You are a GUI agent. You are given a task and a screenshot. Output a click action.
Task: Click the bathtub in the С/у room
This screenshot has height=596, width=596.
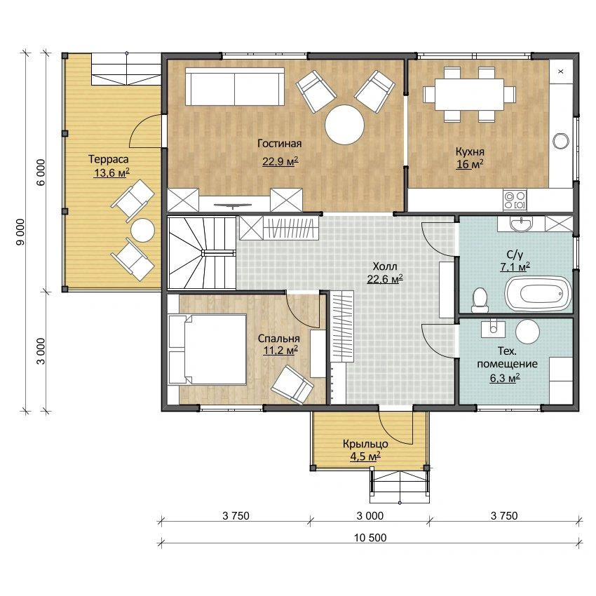click(538, 294)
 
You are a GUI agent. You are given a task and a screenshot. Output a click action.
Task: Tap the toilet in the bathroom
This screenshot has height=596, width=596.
click(480, 300)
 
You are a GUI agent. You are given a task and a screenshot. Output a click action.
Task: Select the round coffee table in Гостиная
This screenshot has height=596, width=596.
click(344, 124)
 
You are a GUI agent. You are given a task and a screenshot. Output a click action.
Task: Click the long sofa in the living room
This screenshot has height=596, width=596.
click(235, 87)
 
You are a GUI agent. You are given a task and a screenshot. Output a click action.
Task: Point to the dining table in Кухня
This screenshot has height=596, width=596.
click(469, 94)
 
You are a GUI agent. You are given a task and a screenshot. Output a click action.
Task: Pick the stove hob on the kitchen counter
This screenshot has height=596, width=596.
click(515, 200)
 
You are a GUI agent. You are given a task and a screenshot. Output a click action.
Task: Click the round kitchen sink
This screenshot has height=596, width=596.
click(561, 141)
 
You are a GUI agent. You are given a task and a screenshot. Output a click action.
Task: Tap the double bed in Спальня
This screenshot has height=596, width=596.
click(208, 349)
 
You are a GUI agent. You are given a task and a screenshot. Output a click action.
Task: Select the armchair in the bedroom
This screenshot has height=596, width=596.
click(292, 385)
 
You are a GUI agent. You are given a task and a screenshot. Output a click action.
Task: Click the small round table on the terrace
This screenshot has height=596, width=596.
click(142, 231)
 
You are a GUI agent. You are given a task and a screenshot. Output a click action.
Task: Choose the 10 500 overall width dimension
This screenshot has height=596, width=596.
click(370, 538)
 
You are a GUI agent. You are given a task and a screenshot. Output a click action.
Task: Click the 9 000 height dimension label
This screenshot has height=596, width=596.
click(20, 231)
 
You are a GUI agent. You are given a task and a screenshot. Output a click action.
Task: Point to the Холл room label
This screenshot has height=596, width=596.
click(385, 266)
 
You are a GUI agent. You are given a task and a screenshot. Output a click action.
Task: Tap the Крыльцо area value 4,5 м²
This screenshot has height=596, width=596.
click(365, 456)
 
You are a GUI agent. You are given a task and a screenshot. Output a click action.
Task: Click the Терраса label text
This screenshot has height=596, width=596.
click(108, 159)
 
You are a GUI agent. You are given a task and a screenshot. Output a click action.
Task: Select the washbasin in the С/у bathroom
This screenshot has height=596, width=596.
click(521, 224)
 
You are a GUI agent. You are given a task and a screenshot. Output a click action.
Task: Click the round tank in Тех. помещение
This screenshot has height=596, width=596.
click(527, 331)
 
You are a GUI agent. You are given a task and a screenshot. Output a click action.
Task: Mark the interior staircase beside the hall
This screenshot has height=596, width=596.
click(202, 252)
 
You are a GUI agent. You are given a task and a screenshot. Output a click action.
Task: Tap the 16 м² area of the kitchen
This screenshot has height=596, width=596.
click(470, 164)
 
